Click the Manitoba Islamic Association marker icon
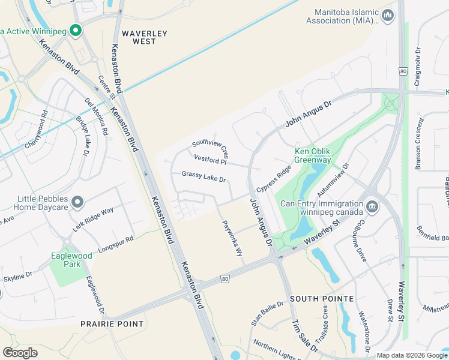388,15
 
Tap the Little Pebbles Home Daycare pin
77,203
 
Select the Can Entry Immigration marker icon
372,207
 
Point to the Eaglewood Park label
71,260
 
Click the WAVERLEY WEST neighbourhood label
144,37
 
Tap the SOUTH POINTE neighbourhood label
318,298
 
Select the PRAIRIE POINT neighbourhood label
112,324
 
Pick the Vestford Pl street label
210,160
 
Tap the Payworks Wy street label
232,238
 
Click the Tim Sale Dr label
304,335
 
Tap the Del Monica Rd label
96,116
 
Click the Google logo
20,353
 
